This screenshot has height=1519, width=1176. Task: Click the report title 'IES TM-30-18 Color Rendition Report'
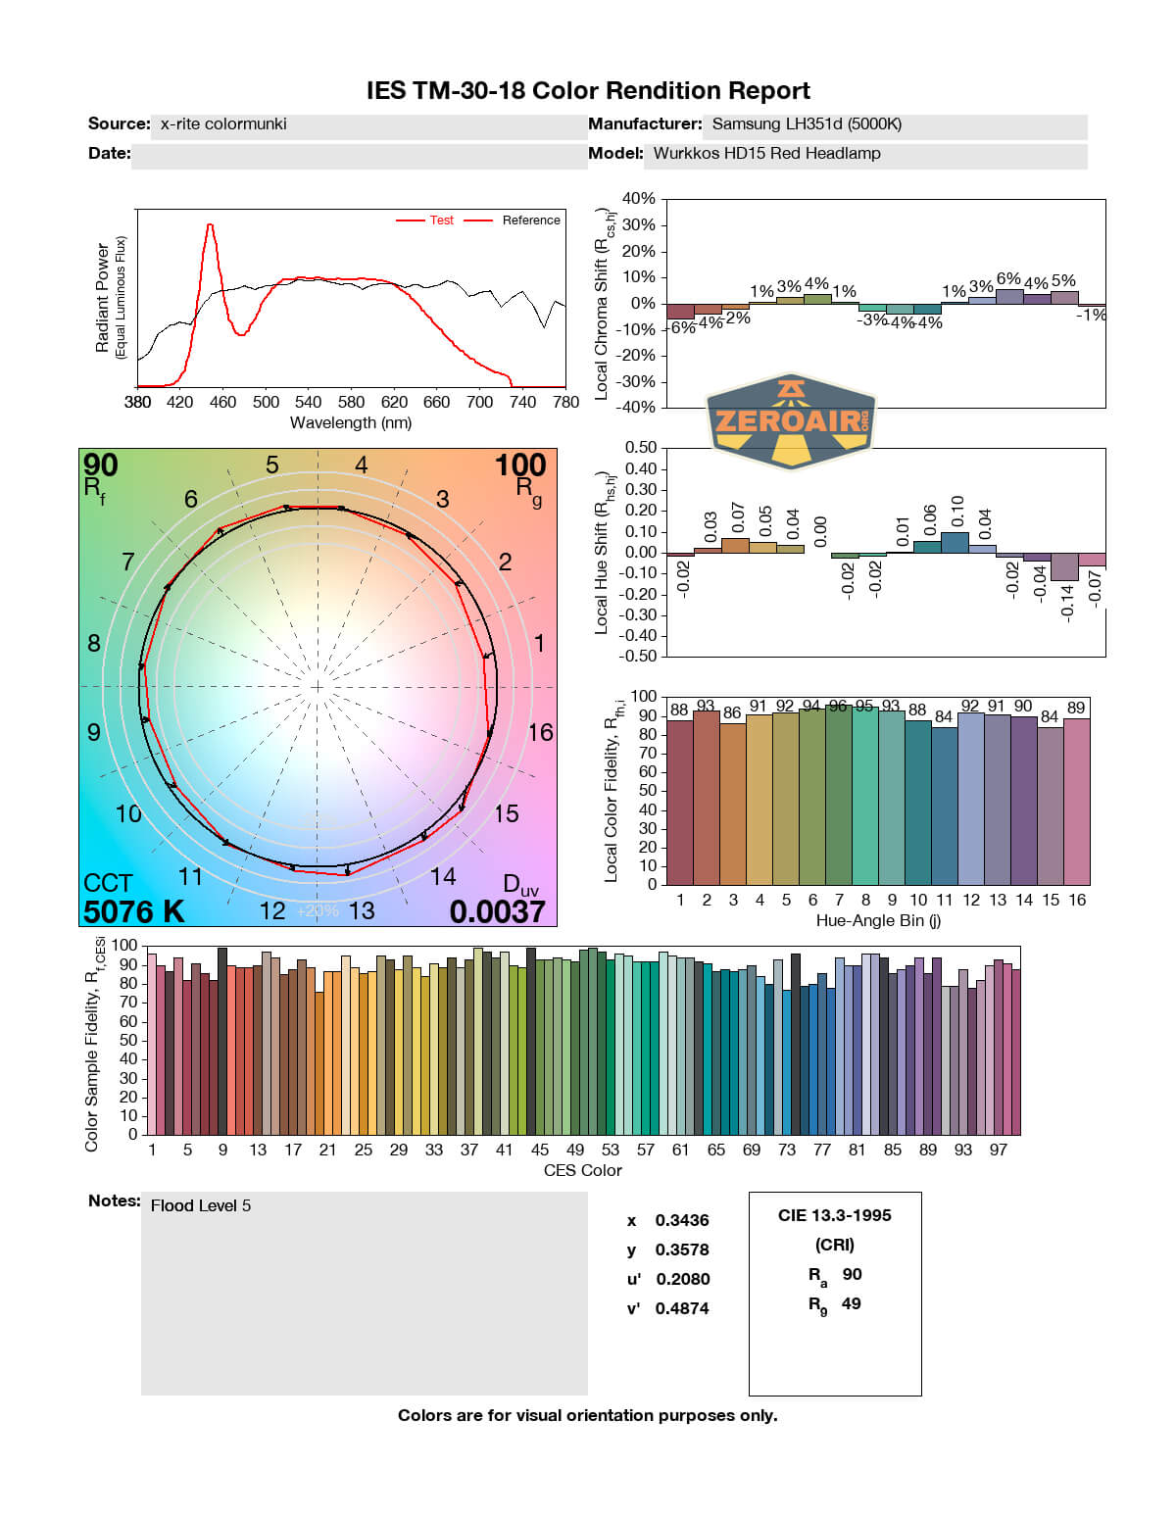coord(588,91)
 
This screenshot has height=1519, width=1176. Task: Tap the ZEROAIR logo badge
coord(791,420)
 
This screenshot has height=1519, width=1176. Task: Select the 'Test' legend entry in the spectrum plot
coord(441,220)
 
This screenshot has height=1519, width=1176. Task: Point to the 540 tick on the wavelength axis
coord(308,402)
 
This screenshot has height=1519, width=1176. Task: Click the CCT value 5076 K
coord(133,911)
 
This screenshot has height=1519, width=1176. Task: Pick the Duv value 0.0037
coord(497,911)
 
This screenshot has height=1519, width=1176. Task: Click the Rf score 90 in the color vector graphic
coord(101,465)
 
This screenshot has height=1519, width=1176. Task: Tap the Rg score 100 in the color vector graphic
coord(519,465)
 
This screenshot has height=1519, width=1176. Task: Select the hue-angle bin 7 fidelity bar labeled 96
coord(838,795)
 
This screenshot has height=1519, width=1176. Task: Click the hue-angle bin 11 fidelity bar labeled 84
coord(944,806)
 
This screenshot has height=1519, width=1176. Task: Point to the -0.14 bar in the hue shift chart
coord(1064,566)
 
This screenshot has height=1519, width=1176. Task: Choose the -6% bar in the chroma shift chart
coord(680,311)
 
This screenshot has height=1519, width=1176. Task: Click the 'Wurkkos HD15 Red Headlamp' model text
coord(766,154)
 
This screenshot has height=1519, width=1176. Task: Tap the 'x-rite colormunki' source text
coord(223,124)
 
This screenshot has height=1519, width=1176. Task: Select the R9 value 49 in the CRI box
coord(851,1303)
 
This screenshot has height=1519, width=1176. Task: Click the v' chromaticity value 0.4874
coord(681,1308)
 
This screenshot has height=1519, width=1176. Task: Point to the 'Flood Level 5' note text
coord(201,1205)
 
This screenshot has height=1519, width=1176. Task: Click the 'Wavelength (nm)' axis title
coord(351,423)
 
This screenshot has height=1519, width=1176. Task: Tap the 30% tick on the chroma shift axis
coord(638,225)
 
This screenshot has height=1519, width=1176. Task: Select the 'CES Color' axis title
coord(583,1170)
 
